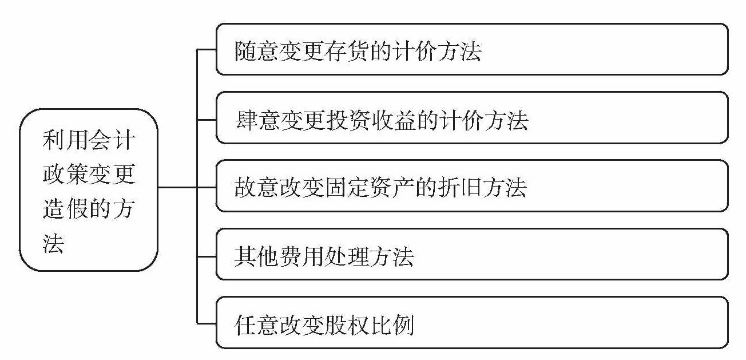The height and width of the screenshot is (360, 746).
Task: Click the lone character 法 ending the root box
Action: point(53,243)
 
